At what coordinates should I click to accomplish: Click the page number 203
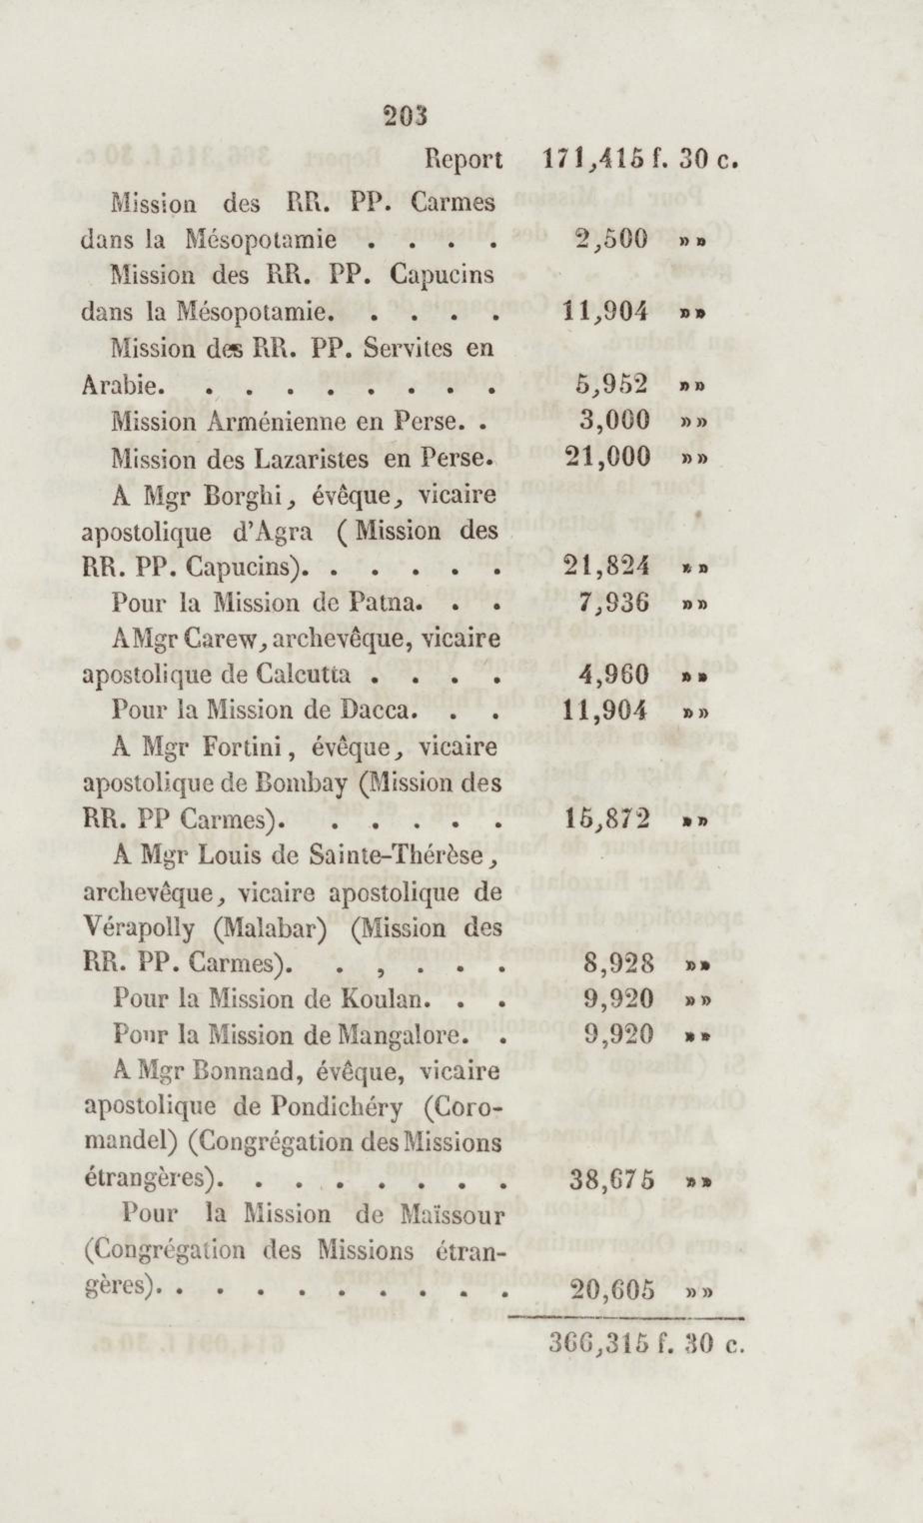point(405,115)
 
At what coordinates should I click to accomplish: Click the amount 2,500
point(610,238)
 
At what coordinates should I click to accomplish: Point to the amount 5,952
point(611,384)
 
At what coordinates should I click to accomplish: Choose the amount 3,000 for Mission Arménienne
point(614,421)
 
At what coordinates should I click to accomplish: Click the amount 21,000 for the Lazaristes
point(607,457)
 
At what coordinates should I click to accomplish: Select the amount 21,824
point(607,566)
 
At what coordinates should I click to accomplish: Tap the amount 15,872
point(607,819)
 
